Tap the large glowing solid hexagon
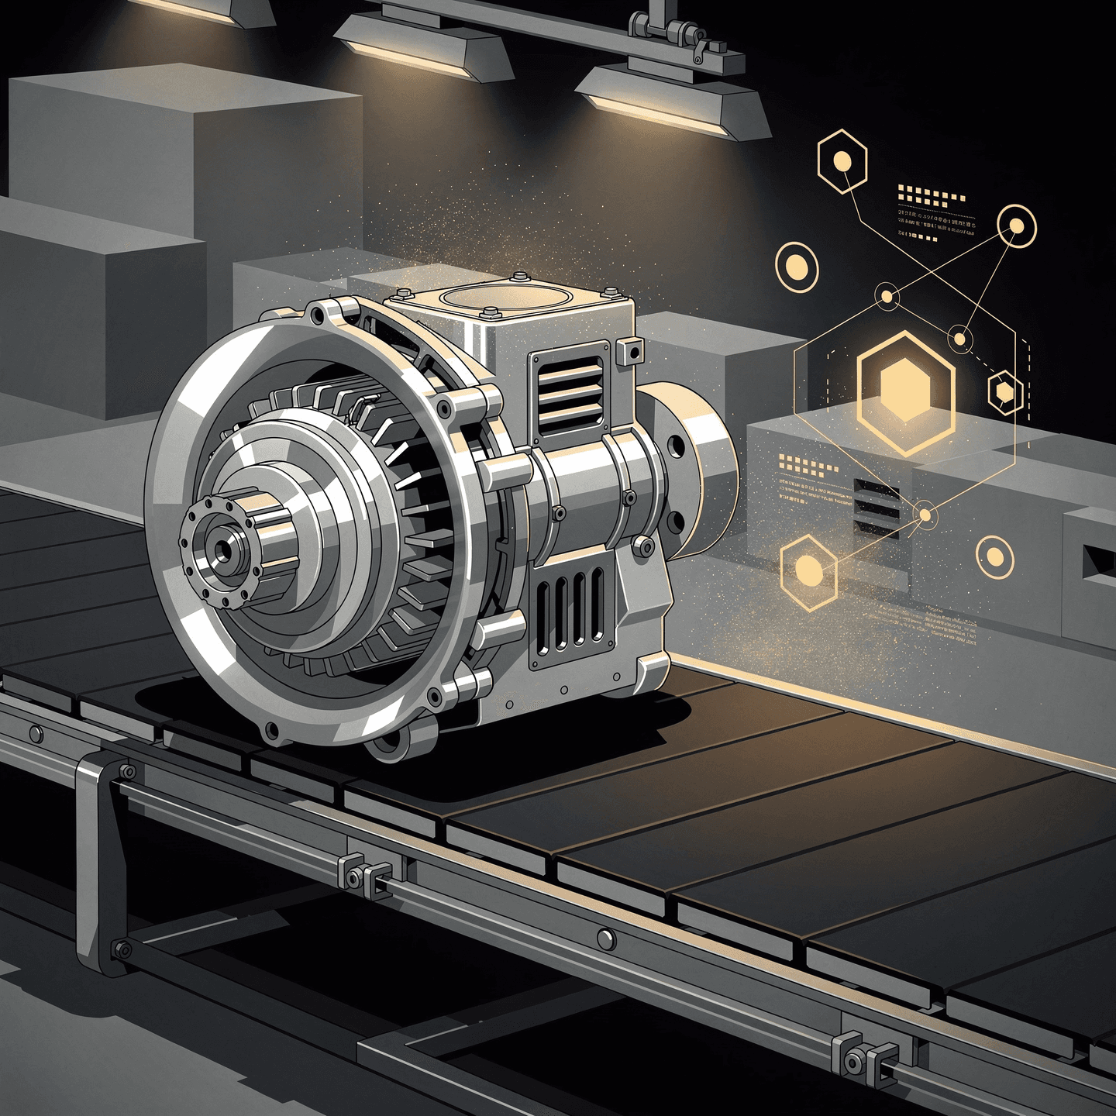coord(906,393)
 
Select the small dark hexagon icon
coord(1005,393)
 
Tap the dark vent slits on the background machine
coord(877,508)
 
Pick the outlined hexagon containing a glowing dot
coord(842,162)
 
